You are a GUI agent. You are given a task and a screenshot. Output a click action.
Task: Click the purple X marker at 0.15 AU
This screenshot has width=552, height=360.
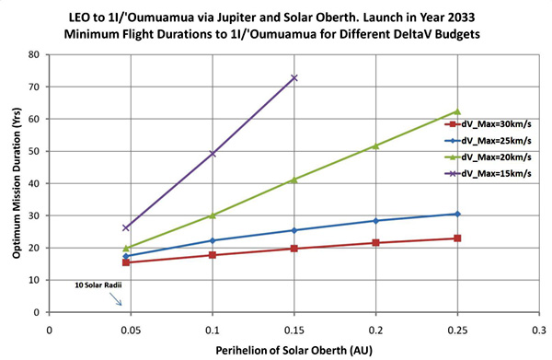click(x=294, y=78)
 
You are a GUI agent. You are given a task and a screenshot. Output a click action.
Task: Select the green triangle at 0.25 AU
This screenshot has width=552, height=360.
click(x=457, y=111)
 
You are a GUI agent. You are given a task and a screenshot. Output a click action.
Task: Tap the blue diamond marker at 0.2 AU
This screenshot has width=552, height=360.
click(x=375, y=221)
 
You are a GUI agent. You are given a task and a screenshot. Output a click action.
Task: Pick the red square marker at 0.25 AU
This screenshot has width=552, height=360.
click(x=457, y=238)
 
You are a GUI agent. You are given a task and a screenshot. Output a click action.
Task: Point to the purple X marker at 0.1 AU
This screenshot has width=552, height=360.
click(x=213, y=153)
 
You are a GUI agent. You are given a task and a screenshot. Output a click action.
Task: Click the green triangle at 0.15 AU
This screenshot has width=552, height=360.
click(x=294, y=180)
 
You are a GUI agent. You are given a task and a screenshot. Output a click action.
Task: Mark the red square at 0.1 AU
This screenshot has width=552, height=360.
click(x=213, y=255)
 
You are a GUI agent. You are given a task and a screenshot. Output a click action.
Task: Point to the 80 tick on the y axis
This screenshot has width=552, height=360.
click(x=35, y=54)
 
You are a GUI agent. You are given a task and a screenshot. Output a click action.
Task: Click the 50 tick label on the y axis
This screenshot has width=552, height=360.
click(x=35, y=151)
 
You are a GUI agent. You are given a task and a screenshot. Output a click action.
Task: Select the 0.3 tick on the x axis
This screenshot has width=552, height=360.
click(x=539, y=330)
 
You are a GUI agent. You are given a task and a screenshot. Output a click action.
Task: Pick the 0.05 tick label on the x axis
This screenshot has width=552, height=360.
click(x=131, y=330)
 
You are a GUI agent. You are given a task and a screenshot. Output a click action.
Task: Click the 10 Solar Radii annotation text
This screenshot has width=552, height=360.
click(x=98, y=285)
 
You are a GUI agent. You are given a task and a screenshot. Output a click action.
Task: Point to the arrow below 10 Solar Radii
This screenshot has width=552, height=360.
click(x=116, y=299)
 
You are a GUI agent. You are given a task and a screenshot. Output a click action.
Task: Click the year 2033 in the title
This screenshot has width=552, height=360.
click(x=461, y=17)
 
